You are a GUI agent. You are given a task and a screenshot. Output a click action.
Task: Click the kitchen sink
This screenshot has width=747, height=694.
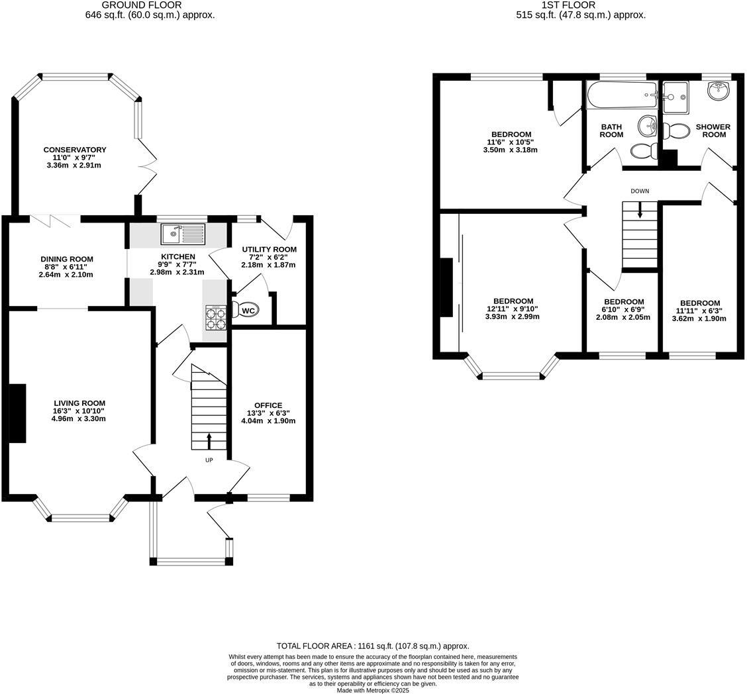[183, 233]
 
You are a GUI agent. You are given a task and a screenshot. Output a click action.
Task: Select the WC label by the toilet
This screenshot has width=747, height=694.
[248, 311]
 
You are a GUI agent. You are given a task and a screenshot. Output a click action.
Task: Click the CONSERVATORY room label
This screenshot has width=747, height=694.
[75, 150]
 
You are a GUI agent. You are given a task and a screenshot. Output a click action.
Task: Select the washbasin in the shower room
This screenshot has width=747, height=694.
[718, 91]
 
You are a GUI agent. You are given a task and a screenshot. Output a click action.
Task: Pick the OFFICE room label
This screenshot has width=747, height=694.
[268, 405]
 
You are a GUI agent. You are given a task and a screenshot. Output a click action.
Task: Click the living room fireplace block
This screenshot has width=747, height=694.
[17, 413]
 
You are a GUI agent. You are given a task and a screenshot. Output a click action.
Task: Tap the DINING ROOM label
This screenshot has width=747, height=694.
[67, 259]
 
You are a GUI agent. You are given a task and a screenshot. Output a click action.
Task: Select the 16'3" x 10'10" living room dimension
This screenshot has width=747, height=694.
[79, 411]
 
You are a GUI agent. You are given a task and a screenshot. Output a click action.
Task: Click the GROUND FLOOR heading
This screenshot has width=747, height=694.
[142, 5]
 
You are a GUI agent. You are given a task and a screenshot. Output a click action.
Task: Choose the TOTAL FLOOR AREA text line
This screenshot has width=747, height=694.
[373, 646]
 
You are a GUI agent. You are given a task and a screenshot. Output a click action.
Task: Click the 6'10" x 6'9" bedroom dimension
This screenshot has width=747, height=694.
[623, 309]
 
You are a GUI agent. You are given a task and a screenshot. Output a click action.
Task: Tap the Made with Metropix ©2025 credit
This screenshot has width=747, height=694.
[373, 690]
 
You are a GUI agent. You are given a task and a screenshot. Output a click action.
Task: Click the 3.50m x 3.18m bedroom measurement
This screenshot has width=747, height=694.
[510, 150]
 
